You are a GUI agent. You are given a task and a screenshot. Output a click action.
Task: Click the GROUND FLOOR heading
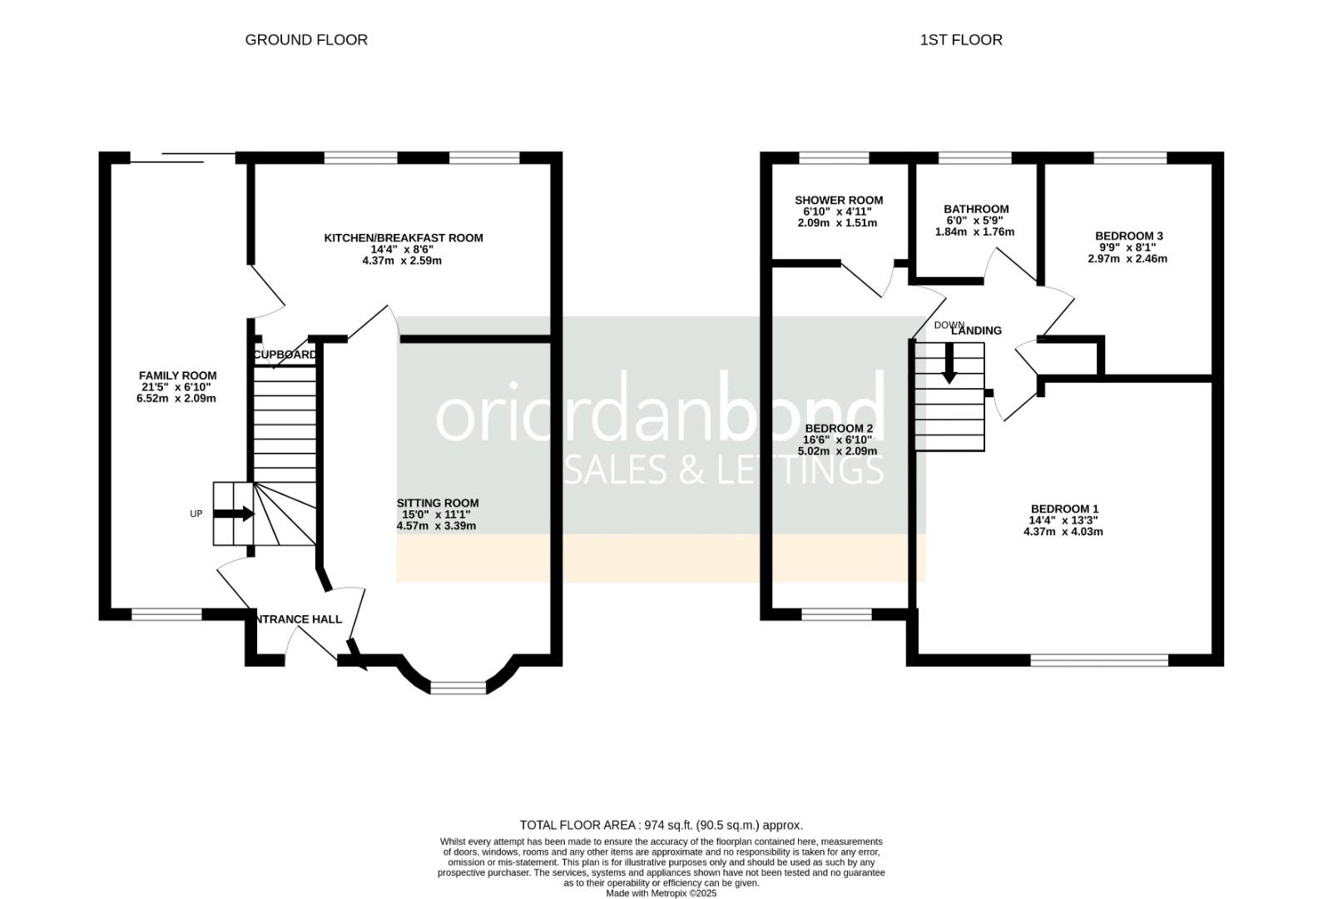click(x=305, y=40)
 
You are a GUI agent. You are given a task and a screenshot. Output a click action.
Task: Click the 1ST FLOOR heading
click(x=960, y=40)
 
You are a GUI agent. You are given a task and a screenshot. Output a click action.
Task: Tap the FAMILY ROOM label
click(x=177, y=375)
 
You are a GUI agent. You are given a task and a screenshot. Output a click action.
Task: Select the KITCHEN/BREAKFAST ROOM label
click(x=403, y=238)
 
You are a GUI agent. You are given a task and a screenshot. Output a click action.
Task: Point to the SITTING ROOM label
click(x=437, y=503)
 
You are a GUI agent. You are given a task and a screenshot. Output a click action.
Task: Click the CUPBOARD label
click(x=285, y=355)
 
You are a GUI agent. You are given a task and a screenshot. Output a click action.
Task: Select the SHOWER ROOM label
click(x=838, y=201)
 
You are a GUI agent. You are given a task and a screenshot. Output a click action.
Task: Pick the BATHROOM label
click(x=975, y=209)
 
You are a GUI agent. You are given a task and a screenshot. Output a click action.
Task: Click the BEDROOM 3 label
click(x=1128, y=236)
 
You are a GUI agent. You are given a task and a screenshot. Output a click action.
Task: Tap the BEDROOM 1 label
click(x=1063, y=509)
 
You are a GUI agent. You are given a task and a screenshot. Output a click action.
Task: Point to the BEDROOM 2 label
click(x=838, y=428)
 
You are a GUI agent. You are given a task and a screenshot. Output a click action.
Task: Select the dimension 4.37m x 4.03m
click(x=1063, y=531)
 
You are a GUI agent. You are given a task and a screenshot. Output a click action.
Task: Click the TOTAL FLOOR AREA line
click(x=661, y=825)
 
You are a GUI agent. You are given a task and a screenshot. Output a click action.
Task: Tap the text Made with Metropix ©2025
click(x=661, y=893)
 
